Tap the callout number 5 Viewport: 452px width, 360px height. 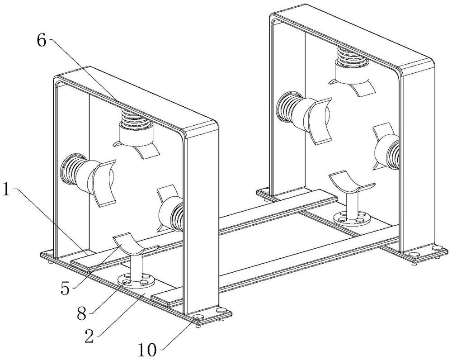(x=65, y=289)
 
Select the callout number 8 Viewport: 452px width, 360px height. (x=81, y=314)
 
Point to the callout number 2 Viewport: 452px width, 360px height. (x=89, y=336)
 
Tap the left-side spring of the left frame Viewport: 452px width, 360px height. (x=71, y=169)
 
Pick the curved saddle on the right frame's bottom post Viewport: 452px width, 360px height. (x=352, y=183)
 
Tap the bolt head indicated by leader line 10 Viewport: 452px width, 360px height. (x=198, y=318)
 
